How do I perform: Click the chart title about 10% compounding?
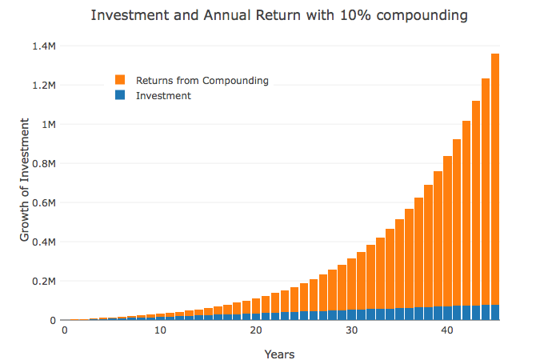[278, 16]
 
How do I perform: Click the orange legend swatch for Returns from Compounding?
[120, 80]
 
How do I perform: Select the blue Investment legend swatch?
[120, 96]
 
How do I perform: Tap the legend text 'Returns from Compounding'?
[202, 80]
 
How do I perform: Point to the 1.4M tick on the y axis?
[45, 46]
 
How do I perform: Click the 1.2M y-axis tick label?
[45, 86]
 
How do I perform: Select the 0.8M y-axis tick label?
[45, 164]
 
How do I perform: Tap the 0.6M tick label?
[45, 203]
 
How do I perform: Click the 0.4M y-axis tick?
[45, 242]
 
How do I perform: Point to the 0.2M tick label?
[45, 282]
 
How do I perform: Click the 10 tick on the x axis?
[160, 331]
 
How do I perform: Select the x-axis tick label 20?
[256, 331]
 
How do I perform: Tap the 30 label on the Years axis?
[351, 331]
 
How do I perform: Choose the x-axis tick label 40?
[447, 331]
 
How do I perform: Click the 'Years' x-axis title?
[280, 352]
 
